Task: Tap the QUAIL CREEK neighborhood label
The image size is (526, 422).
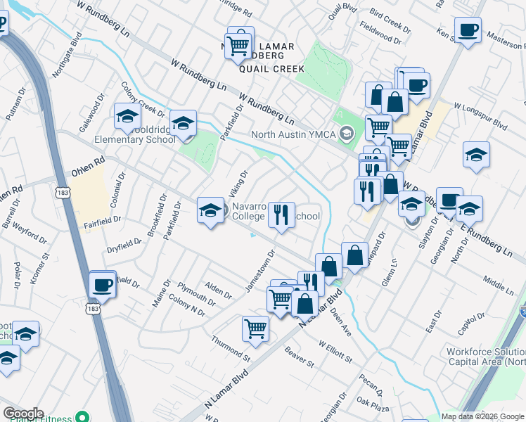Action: [271, 69]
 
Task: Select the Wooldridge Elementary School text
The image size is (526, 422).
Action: [141, 139]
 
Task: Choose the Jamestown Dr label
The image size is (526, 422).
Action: [259, 271]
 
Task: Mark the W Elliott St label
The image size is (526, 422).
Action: [335, 351]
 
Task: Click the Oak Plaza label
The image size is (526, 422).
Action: [372, 402]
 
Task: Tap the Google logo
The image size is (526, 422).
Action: [23, 414]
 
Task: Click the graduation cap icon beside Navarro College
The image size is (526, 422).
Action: [210, 211]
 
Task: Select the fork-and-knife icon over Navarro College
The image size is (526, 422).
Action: [281, 215]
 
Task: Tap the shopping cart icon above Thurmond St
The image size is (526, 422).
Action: [255, 328]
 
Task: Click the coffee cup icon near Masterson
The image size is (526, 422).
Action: [468, 30]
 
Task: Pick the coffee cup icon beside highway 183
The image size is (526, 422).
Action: [103, 285]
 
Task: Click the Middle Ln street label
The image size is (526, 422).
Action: [498, 285]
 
